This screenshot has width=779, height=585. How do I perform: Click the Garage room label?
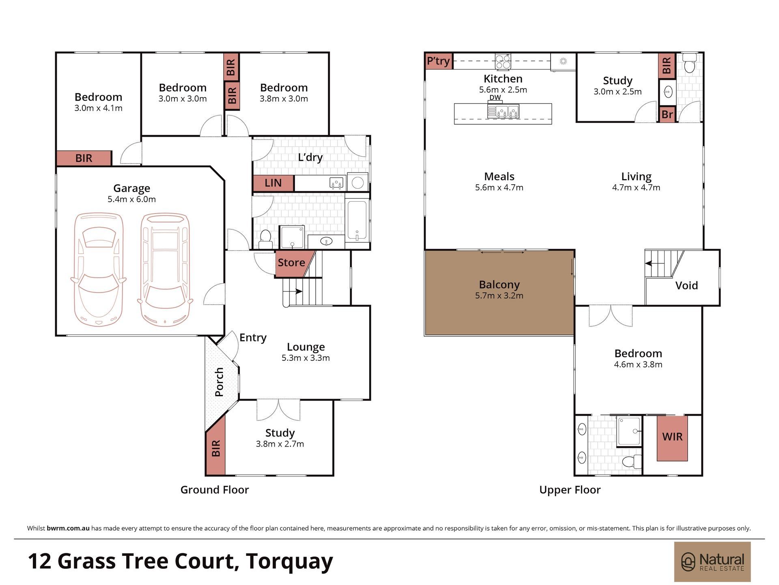pos(131,188)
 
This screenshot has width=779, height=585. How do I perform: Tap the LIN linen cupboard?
pos(273,183)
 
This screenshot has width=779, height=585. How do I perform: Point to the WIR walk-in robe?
pos(672,438)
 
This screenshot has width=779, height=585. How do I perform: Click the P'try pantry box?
pos(439,61)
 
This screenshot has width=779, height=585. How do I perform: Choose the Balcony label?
pos(499,285)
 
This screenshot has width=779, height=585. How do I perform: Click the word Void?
pos(686,285)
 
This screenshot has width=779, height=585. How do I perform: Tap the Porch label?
pos(219,382)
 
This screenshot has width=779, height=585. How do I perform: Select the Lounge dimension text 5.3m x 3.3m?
pos(306,358)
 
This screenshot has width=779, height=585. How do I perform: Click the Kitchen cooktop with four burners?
pos(503,62)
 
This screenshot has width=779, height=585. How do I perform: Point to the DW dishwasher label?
pos(495,98)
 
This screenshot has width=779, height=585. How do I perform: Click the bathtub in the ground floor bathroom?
pos(357,221)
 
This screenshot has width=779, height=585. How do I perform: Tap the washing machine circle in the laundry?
pos(357,183)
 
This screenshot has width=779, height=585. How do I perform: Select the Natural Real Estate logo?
pos(712,562)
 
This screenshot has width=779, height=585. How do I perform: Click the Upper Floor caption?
pos(570,490)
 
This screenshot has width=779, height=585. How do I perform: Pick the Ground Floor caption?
pos(215,490)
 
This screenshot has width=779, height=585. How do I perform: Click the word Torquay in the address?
pos(289,562)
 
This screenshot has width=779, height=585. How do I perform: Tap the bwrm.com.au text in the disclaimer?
pos(68,529)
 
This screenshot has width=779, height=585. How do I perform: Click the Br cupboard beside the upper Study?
pos(667,114)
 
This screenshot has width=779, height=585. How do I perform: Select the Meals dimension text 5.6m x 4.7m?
pos(499,188)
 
